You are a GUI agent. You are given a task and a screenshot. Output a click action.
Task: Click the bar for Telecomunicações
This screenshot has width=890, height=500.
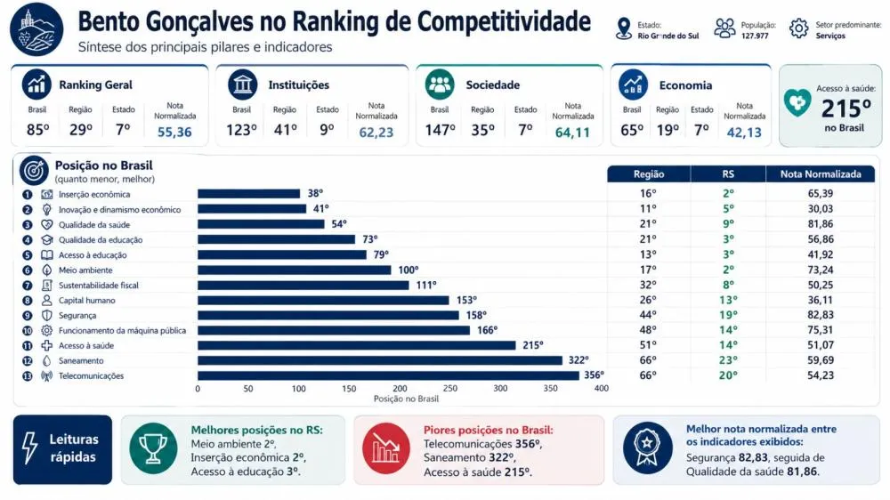(388, 375)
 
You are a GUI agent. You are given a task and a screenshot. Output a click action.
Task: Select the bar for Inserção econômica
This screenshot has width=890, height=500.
(248, 194)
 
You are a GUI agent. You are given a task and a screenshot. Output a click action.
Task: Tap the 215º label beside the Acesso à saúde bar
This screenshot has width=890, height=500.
(533, 345)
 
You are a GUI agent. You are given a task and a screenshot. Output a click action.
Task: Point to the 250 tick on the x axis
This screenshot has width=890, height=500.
(450, 389)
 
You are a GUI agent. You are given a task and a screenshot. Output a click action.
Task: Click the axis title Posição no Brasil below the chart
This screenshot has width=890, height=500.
(406, 399)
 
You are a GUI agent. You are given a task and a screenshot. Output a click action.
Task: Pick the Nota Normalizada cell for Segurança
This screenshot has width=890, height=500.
(821, 315)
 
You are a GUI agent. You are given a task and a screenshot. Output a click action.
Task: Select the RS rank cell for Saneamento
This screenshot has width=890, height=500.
(728, 360)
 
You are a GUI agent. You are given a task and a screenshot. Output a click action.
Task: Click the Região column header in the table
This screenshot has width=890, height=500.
(649, 174)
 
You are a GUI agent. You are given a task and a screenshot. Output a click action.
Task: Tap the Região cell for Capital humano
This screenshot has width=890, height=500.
(648, 300)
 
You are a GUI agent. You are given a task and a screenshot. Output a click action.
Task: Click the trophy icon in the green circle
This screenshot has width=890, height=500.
(153, 448)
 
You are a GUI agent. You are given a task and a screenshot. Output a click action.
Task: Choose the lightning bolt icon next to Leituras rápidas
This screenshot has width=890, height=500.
(30, 448)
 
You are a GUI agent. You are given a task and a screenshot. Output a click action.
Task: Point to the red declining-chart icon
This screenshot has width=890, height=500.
(386, 449)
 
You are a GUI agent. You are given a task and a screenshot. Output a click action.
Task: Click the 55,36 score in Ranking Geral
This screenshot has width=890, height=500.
(174, 133)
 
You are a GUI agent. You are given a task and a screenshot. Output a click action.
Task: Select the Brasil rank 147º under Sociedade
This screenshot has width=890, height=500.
(441, 131)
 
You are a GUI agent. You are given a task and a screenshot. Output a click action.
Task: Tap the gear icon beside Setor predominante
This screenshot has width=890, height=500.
(798, 28)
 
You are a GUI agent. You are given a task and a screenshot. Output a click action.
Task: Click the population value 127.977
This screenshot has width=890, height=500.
(755, 36)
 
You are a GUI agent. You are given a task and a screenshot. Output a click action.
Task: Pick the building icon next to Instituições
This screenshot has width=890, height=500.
(242, 85)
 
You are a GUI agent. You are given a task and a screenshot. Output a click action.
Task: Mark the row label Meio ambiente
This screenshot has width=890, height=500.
(85, 270)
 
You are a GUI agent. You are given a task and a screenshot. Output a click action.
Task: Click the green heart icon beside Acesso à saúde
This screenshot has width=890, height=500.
(797, 102)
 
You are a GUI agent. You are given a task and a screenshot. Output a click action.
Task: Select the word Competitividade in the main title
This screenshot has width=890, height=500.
(504, 22)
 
